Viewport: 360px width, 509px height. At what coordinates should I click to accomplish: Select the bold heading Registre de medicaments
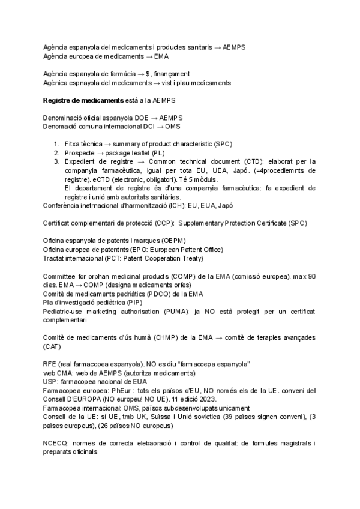coord(83,100)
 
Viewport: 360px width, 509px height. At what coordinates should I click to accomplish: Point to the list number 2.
coord(56,152)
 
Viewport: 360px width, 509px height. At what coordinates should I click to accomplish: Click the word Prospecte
coord(79,152)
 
